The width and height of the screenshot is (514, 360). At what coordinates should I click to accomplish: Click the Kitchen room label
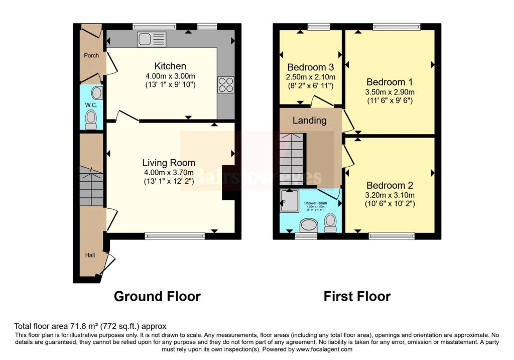(170, 66)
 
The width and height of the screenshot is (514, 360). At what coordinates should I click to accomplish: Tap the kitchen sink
(152, 39)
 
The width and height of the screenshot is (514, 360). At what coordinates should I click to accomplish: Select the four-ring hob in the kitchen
(226, 84)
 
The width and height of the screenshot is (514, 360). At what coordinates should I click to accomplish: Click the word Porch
(91, 56)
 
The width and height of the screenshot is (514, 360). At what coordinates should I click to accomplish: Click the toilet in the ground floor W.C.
(91, 119)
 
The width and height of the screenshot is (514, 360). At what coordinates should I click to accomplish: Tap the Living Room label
(169, 162)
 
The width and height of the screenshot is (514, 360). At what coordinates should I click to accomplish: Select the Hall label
(90, 255)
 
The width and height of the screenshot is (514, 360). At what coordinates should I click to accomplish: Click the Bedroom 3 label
(311, 67)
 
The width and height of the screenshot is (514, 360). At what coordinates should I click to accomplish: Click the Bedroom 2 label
(390, 185)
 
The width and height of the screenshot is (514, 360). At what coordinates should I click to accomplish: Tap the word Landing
(309, 121)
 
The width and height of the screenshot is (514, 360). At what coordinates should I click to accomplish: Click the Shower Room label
(315, 203)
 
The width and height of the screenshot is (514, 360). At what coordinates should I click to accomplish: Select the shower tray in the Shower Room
(290, 200)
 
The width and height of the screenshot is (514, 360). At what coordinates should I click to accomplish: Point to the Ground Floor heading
(157, 296)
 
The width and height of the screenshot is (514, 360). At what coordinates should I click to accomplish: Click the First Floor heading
(357, 296)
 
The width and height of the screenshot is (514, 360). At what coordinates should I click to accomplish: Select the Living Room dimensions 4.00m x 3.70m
(169, 172)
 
